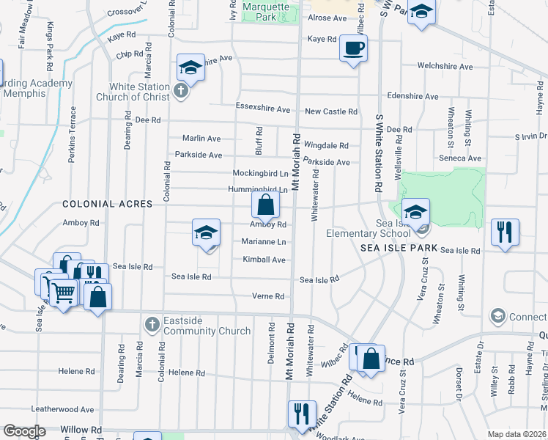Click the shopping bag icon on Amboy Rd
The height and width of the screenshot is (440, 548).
click(266, 205)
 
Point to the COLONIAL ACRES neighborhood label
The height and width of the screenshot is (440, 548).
click(97, 204)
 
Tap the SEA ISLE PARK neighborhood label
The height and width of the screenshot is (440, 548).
click(398, 249)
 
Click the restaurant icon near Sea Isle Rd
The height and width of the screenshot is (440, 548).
click(505, 232)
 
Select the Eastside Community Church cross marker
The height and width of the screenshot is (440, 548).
click(152, 323)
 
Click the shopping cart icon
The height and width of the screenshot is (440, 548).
click(63, 293)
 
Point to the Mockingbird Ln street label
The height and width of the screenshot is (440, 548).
click(260, 174)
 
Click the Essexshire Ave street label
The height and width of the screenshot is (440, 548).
click(263, 109)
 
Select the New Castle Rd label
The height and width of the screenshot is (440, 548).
click(331, 111)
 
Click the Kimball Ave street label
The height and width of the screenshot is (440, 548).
click(264, 260)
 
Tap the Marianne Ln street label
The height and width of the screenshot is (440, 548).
click(263, 241)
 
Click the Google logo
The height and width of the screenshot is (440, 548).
click(24, 430)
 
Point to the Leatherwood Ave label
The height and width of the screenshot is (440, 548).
click(62, 409)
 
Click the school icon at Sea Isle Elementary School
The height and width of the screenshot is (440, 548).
click(415, 212)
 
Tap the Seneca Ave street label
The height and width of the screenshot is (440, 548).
click(464, 158)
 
